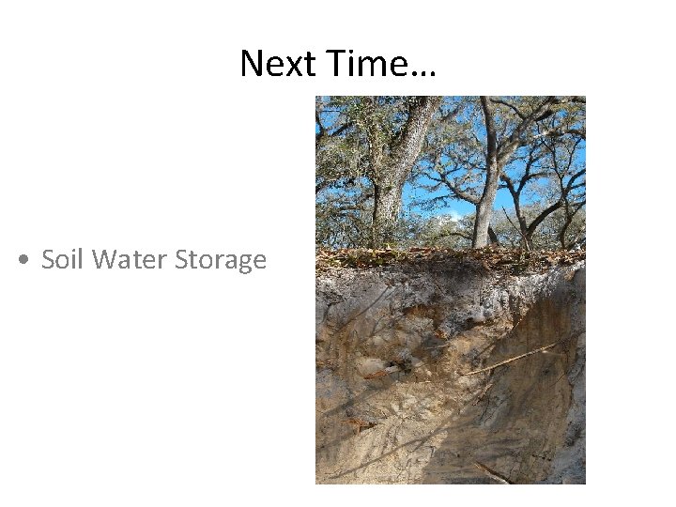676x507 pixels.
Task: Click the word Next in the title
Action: coord(278,65)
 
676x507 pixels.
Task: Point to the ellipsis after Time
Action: coord(423,74)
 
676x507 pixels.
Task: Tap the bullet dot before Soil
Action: coord(22,260)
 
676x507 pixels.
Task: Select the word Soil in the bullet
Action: coord(63,260)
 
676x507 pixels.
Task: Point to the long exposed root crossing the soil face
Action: coord(512,360)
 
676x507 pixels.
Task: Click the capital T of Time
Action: coord(333,65)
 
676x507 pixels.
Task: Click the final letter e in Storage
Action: coord(259,262)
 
